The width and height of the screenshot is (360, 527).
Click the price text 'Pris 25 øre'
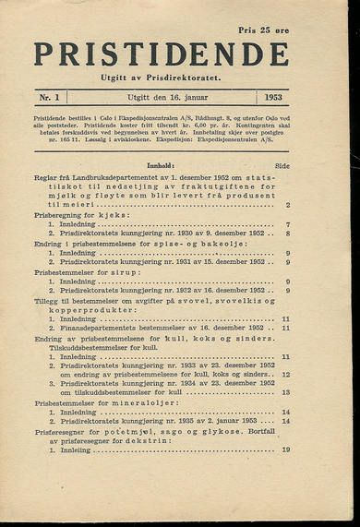tap(263, 30)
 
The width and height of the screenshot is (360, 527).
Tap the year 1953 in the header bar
tap(272, 97)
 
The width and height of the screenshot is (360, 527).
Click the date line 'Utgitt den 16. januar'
tap(163, 97)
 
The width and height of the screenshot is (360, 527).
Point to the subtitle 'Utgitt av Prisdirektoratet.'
tap(161, 77)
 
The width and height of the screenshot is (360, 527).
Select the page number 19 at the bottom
tap(286, 449)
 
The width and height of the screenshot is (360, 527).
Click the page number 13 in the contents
tap(286, 392)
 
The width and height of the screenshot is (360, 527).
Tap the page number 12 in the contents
tap(286, 375)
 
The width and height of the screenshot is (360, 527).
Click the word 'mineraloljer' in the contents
tap(137, 402)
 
